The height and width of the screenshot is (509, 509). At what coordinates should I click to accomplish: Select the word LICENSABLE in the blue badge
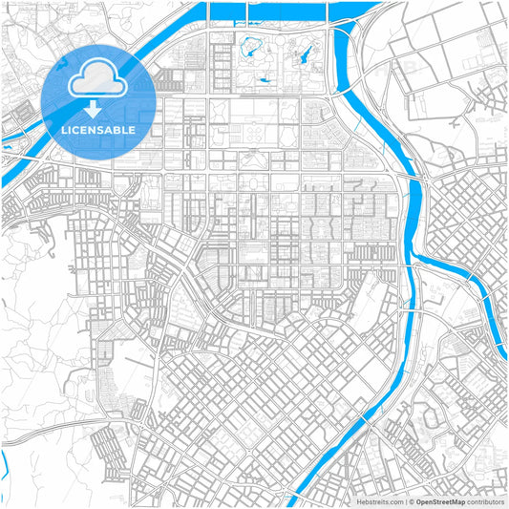tap(98, 129)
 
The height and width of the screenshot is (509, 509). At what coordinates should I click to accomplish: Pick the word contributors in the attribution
tap(485, 501)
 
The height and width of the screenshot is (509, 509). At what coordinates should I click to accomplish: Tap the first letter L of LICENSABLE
tap(63, 129)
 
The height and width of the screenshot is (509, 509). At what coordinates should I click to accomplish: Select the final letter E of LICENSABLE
tap(133, 129)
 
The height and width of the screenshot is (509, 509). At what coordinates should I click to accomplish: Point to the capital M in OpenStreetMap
tap(456, 501)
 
